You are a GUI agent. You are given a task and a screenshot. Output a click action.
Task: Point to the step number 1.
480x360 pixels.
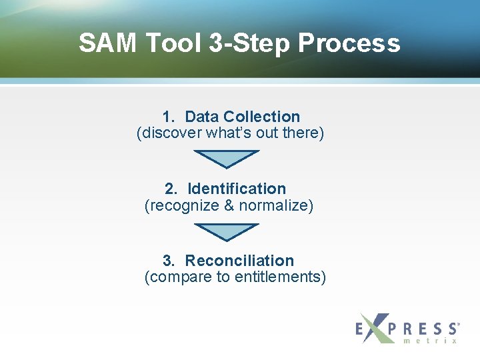click(x=167, y=117)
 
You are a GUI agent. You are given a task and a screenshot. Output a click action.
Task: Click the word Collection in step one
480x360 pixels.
click(x=262, y=117)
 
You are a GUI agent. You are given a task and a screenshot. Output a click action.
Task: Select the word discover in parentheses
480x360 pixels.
click(x=169, y=133)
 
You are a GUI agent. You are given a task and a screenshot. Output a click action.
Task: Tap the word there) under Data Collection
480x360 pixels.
click(x=303, y=133)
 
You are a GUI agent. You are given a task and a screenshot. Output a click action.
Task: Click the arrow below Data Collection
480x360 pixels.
click(x=226, y=159)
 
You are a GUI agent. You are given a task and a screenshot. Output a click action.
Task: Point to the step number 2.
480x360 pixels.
click(x=170, y=189)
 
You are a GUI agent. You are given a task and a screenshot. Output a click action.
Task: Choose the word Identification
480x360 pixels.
click(x=237, y=189)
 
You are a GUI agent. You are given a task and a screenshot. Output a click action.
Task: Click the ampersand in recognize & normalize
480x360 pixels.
click(x=229, y=205)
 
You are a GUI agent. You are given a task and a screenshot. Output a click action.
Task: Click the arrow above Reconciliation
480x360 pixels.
click(x=226, y=231)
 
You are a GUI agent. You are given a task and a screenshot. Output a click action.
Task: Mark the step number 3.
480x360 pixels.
click(x=168, y=261)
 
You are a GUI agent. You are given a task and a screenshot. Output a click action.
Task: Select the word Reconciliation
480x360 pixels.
click(x=239, y=261)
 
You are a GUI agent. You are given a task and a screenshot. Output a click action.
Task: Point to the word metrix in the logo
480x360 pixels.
click(x=430, y=341)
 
